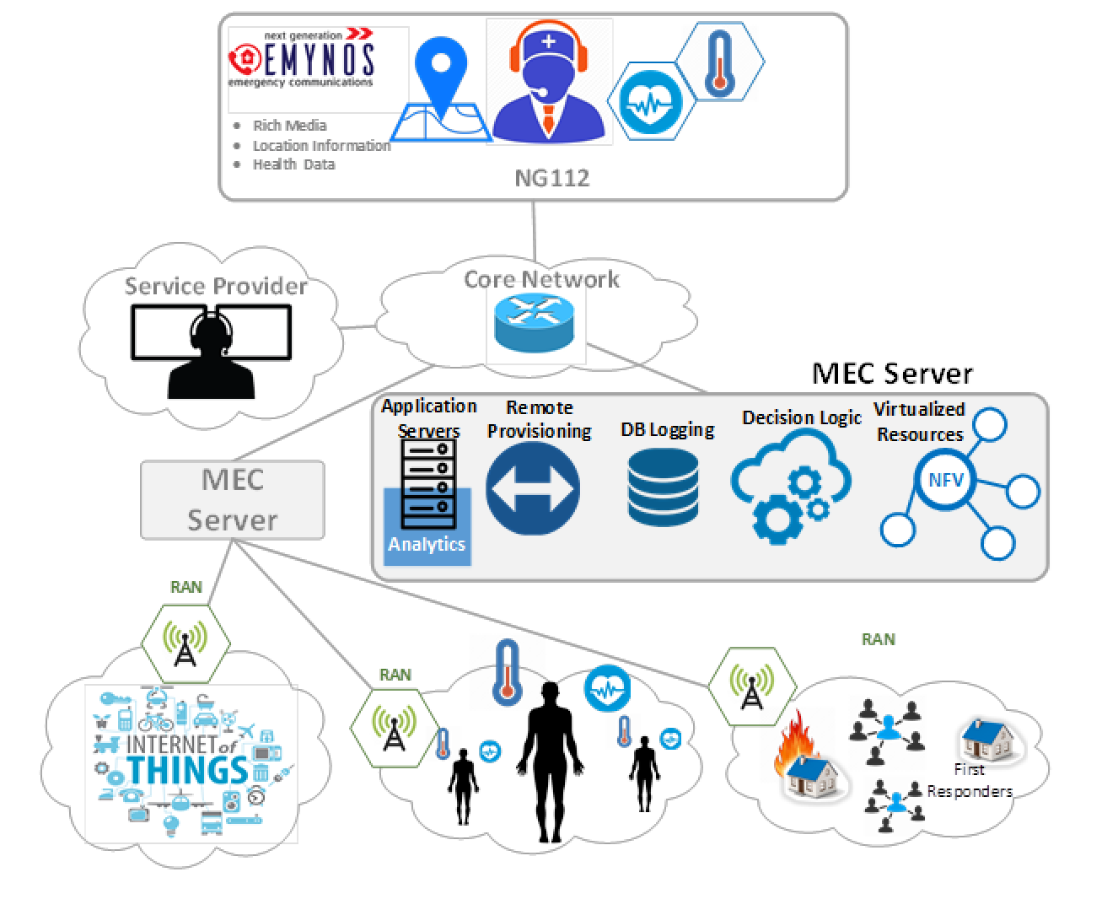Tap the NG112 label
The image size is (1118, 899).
click(551, 178)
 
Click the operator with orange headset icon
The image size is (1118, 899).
click(549, 84)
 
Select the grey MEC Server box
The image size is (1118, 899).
click(233, 500)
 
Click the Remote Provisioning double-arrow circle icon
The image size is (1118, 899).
click(533, 489)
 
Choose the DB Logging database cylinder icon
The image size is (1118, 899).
click(664, 487)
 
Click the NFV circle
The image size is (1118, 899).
click(946, 480)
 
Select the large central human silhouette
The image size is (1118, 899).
click(550, 760)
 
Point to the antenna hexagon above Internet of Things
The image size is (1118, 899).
click(185, 643)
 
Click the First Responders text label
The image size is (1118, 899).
click(970, 781)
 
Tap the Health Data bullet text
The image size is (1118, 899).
click(293, 164)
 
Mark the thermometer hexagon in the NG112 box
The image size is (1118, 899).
click(719, 62)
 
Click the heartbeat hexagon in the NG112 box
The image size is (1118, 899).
click(650, 101)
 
